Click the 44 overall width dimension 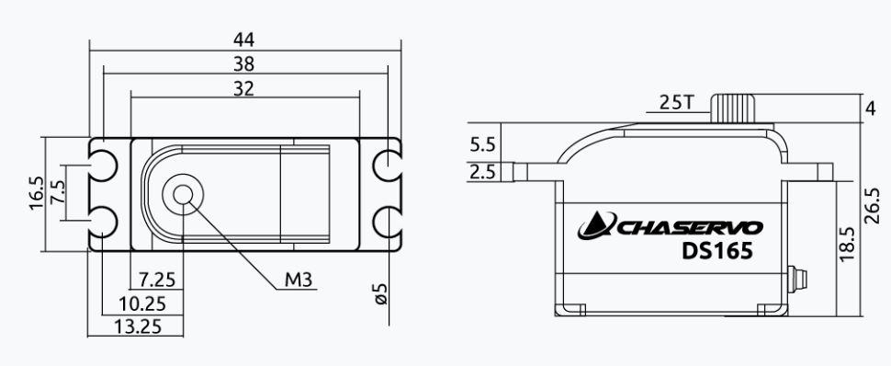tap(243, 40)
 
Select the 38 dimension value tap(243, 64)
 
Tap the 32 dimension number tap(243, 89)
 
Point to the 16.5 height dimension tap(37, 193)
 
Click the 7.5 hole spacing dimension tap(56, 192)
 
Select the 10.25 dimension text tap(142, 304)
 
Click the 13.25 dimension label tap(138, 326)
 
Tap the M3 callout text tap(299, 280)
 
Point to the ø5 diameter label tap(380, 293)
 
